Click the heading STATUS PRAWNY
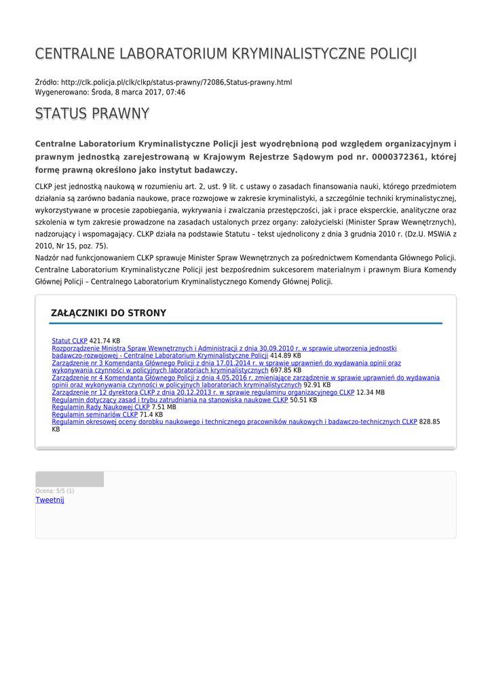pyautogui.click(x=92, y=114)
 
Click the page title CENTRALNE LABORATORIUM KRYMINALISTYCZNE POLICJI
pyautogui.click(x=226, y=54)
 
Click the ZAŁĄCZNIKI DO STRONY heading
pyautogui.click(x=109, y=313)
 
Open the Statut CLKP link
pyautogui.click(x=70, y=341)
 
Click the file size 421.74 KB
pyautogui.click(x=105, y=341)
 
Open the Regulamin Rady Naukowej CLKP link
pyautogui.click(x=100, y=407)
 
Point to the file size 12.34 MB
pyautogui.click(x=371, y=392)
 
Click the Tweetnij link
pyautogui.click(x=50, y=500)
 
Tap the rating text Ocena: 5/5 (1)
pyautogui.click(x=55, y=491)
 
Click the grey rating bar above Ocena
pyautogui.click(x=69, y=479)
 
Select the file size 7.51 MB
pyautogui.click(x=164, y=407)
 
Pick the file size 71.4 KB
pyautogui.click(x=151, y=415)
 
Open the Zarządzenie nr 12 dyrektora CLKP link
pyautogui.click(x=203, y=392)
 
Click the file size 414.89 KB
pyautogui.click(x=286, y=356)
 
